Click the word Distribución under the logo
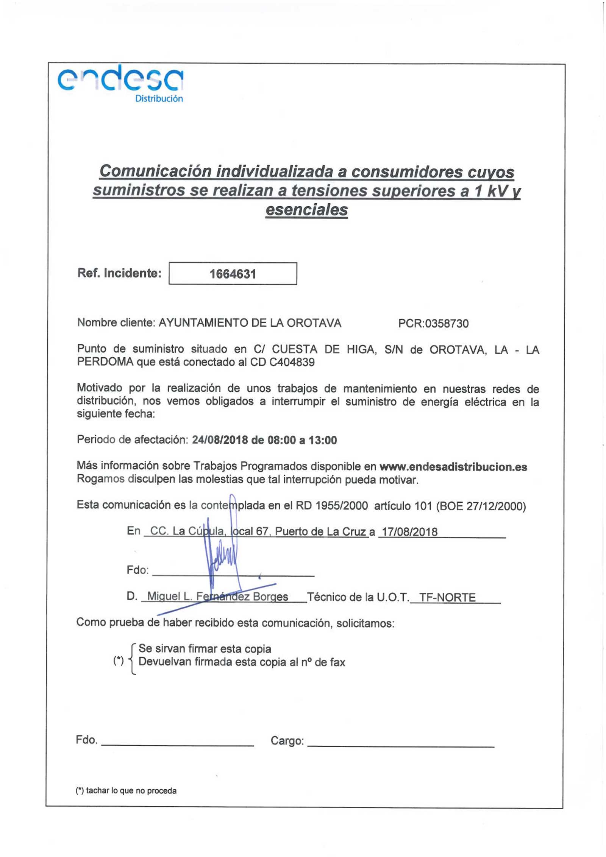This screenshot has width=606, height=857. (x=159, y=99)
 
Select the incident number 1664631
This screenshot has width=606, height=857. (x=233, y=274)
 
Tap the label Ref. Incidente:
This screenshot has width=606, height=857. (x=119, y=273)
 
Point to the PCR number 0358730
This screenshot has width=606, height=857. (x=447, y=323)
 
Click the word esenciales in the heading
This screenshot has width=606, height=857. (x=306, y=210)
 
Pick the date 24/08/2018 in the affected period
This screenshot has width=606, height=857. (x=220, y=440)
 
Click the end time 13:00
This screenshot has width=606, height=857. (x=322, y=440)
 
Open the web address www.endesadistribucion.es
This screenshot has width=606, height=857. (x=453, y=467)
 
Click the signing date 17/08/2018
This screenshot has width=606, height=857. (x=409, y=532)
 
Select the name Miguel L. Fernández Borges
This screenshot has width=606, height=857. (x=217, y=597)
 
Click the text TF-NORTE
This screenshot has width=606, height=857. (x=447, y=597)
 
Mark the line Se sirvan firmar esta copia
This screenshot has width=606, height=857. (x=205, y=648)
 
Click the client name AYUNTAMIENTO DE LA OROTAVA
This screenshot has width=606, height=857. (x=250, y=323)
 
